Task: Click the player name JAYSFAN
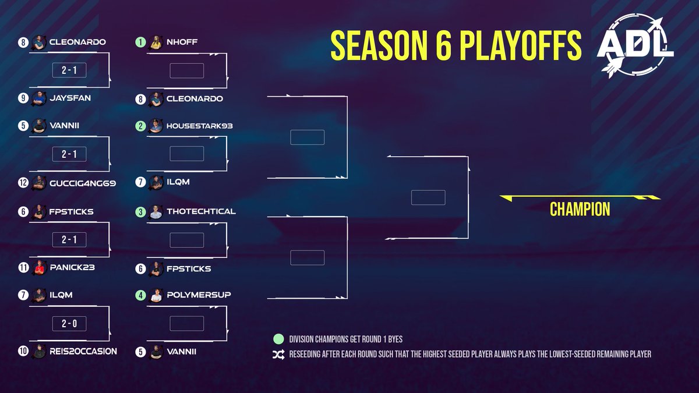[x=70, y=98]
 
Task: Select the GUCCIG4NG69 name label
[x=83, y=183]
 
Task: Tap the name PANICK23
[x=72, y=268]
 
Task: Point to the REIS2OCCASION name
[x=83, y=351]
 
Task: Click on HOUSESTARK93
[x=199, y=126]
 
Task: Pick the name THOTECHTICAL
[x=200, y=211]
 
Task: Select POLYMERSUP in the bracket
[x=198, y=295]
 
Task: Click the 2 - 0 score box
[x=69, y=323]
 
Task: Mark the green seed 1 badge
[x=140, y=42]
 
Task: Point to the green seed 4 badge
[x=140, y=295]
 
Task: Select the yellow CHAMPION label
[x=580, y=210]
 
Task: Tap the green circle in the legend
[x=278, y=339]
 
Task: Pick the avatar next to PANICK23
[x=38, y=268]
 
